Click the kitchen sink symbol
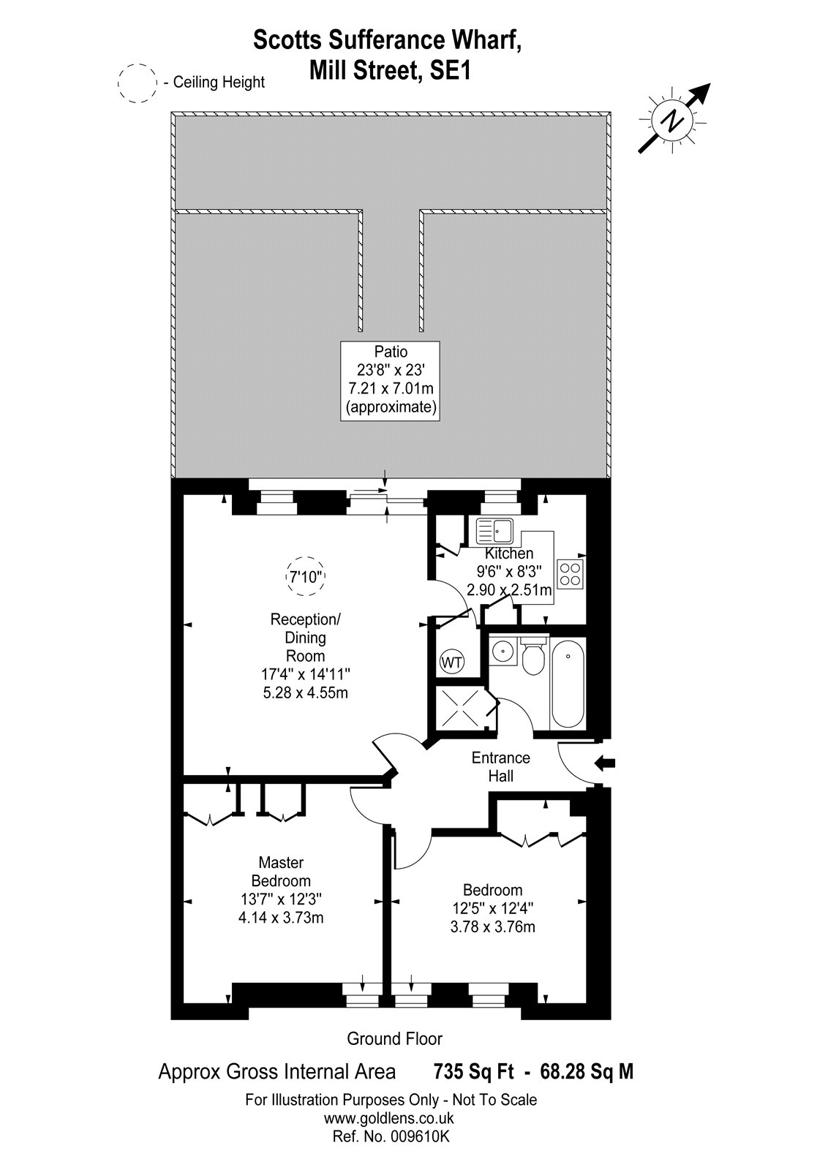(x=494, y=531)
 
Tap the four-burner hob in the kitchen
(x=571, y=574)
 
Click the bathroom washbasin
(x=503, y=652)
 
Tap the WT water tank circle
(x=452, y=663)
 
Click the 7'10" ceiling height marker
(x=305, y=576)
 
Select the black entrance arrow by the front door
(x=605, y=763)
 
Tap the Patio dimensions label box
(x=391, y=381)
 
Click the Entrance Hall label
(x=500, y=767)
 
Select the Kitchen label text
(x=509, y=553)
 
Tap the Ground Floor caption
(x=394, y=1039)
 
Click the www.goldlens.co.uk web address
(x=389, y=1118)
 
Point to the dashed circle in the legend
(x=138, y=83)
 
